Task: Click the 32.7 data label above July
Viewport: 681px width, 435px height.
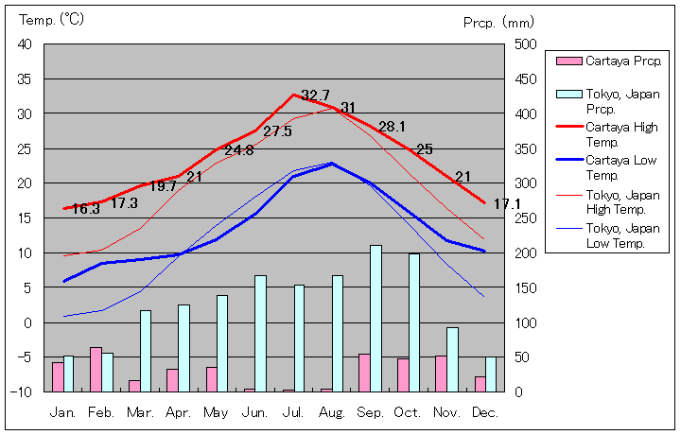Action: click(x=315, y=96)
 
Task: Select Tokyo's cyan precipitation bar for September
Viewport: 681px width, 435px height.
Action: click(x=375, y=318)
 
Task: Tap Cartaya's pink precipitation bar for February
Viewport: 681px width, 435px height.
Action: click(x=96, y=369)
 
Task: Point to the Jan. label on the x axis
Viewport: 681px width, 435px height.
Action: click(x=62, y=413)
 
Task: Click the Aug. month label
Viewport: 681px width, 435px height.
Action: click(x=331, y=413)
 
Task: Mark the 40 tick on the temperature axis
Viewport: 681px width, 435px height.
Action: click(x=25, y=44)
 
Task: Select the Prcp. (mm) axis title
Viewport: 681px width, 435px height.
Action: click(x=498, y=21)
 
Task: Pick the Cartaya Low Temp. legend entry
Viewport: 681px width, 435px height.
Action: click(x=616, y=167)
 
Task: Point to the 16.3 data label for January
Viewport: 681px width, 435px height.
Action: click(x=85, y=210)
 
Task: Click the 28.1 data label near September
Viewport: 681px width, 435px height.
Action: click(x=392, y=127)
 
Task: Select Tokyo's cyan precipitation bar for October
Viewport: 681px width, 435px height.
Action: click(x=414, y=322)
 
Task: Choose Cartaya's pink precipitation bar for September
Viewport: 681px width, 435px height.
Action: click(x=364, y=372)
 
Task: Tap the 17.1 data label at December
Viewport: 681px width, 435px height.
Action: click(x=506, y=204)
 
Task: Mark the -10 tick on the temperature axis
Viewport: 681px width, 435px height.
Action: click(x=23, y=391)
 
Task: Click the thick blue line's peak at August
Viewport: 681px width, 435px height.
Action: click(x=331, y=164)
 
